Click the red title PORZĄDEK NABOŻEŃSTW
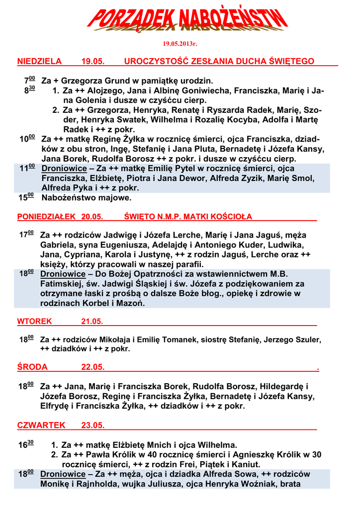point(188,21)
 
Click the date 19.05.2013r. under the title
point(180,44)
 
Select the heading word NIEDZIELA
point(39,62)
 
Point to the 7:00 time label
point(29,81)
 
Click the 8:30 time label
point(29,91)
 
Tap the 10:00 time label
point(27,139)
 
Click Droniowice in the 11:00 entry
point(64,169)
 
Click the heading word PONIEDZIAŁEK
point(46,217)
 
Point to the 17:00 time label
point(26,235)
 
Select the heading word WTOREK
point(34,322)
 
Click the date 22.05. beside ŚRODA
point(92,367)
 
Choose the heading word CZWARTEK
point(41,425)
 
